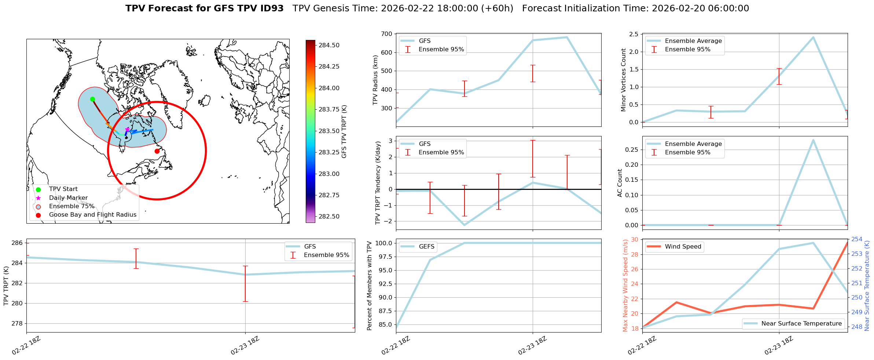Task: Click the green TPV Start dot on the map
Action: pos(92,99)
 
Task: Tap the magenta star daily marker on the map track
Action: pos(127,129)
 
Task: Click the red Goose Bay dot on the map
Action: pos(157,151)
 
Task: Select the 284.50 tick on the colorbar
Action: pos(329,45)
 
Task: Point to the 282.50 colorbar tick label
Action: pos(329,217)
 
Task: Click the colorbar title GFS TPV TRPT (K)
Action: pos(344,132)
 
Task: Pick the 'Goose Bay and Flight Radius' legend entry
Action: pos(92,215)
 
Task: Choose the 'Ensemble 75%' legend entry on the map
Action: pos(71,206)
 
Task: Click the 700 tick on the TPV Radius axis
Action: pos(387,34)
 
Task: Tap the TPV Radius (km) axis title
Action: pos(375,80)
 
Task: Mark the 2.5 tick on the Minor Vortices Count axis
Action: pos(634,34)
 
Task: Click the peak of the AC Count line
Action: pos(813,140)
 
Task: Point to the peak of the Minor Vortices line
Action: pos(813,37)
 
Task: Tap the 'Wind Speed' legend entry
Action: pos(683,247)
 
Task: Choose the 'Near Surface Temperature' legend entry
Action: pos(801,324)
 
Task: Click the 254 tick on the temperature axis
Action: pos(857,239)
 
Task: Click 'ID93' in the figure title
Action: pos(271,8)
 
